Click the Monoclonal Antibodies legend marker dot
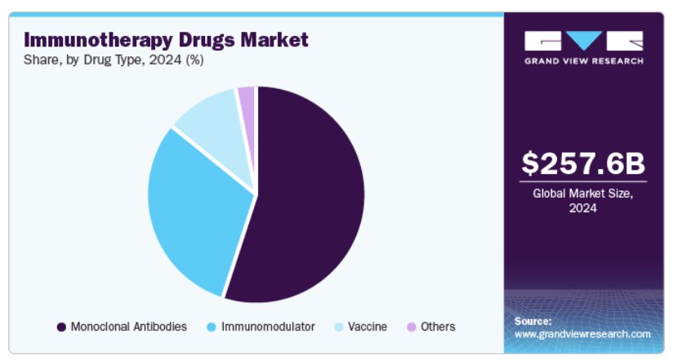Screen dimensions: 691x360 [x=62, y=327]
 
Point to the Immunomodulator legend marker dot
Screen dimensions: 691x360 [x=212, y=327]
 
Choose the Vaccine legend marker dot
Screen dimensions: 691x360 [x=339, y=327]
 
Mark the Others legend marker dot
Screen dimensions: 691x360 [x=411, y=327]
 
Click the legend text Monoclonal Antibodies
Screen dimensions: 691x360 [x=129, y=327]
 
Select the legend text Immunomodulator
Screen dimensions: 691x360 [x=268, y=327]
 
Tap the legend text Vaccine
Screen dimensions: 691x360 [x=368, y=327]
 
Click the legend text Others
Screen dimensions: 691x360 [x=438, y=327]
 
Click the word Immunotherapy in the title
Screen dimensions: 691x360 [x=98, y=41]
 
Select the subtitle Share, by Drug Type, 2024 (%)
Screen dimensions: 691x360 [x=114, y=60]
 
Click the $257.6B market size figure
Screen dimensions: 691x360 [x=583, y=163]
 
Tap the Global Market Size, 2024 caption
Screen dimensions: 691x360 [x=583, y=201]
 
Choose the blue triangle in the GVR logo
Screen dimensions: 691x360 [x=584, y=41]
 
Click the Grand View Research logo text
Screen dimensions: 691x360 [x=583, y=61]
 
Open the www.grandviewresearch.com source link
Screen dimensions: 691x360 [x=582, y=334]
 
